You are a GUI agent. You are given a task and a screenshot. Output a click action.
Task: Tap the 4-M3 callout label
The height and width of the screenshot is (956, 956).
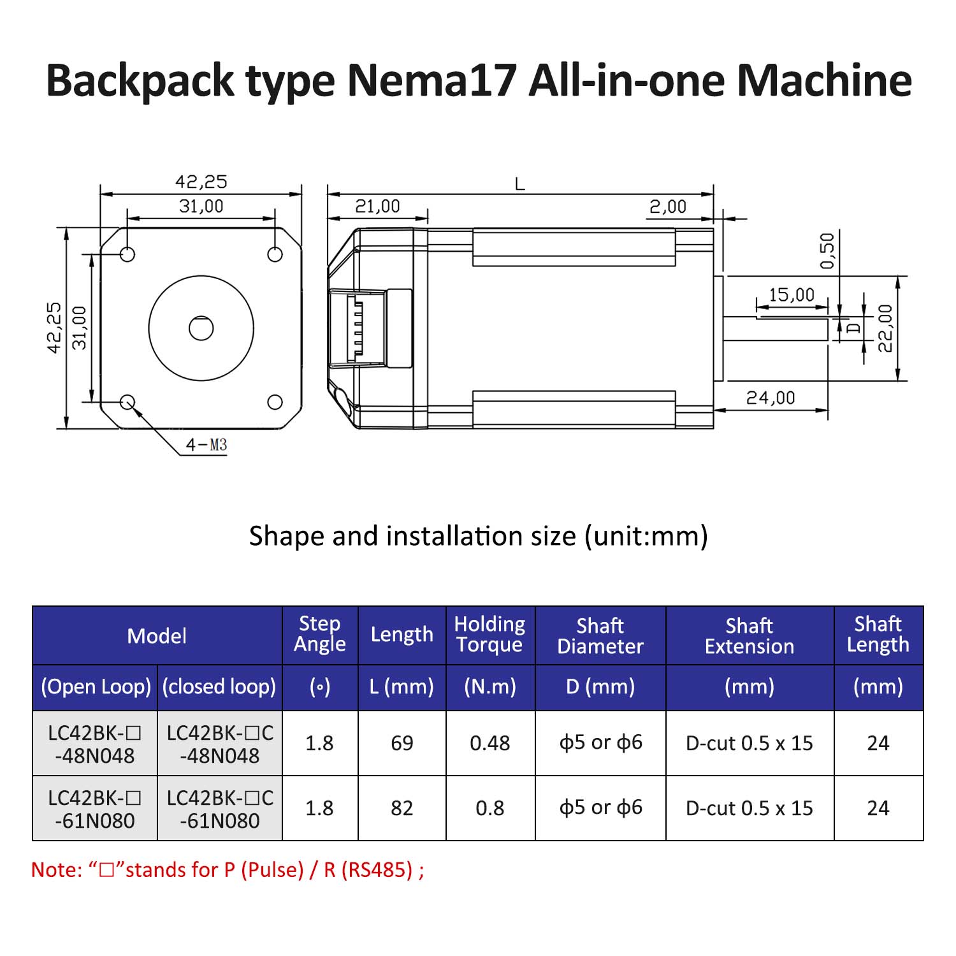point(206,445)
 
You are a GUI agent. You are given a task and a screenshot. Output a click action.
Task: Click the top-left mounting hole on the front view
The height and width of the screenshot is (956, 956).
point(127,254)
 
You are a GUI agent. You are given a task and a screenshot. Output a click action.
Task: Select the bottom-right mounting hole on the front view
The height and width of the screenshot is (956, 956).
point(275,402)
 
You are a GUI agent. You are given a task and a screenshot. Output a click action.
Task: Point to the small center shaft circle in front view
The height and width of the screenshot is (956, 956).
point(201,328)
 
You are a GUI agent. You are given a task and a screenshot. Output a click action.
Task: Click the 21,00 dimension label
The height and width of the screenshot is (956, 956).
point(377,206)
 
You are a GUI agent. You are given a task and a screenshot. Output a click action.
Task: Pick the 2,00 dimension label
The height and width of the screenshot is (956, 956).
point(667,206)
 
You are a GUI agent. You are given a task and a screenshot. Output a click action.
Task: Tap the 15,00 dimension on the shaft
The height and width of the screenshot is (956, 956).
point(791,295)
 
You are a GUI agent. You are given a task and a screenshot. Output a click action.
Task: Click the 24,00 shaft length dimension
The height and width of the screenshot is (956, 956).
point(771,398)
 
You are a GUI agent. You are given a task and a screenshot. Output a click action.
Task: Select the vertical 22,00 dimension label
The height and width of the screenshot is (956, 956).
point(886,328)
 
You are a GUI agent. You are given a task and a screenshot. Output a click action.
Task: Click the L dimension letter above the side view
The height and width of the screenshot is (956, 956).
point(519,185)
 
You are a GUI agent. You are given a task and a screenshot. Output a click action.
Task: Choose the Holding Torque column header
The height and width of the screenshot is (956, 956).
point(489,635)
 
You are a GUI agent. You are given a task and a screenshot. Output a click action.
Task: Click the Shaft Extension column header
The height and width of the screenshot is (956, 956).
point(749,635)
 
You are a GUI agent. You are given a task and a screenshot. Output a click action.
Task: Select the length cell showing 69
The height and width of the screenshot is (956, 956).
point(402,743)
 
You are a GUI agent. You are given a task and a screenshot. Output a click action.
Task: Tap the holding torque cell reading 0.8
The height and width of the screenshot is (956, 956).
point(489,808)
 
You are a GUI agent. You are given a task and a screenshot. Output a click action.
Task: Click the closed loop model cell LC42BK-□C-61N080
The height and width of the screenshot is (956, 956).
point(220,808)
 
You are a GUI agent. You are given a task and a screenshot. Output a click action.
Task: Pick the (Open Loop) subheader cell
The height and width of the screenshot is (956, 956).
point(96,687)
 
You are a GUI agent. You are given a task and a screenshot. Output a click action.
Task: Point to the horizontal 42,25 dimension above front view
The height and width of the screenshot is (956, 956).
point(201,182)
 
